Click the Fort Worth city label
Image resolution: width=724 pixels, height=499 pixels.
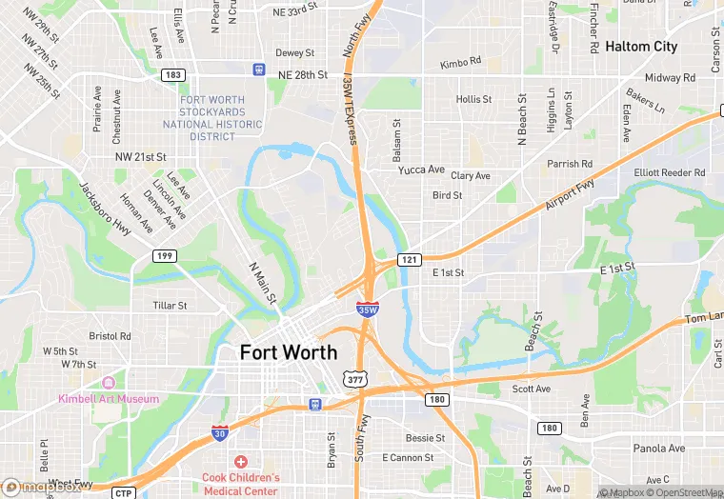pos(288,352)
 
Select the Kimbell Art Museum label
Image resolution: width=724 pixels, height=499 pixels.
pos(109,399)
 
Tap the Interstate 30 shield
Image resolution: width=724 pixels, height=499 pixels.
pos(220,433)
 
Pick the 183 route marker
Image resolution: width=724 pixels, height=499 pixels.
pos(173,74)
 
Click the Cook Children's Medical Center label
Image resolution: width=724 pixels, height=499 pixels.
pos(241,484)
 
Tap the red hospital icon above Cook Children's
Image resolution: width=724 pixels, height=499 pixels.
pos(241,462)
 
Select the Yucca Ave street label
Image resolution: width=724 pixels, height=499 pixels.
pos(421,170)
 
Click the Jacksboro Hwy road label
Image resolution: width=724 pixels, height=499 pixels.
pos(106,209)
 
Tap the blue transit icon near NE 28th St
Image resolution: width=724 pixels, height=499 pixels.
pos(259,69)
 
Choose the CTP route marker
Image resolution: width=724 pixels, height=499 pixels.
pos(122,492)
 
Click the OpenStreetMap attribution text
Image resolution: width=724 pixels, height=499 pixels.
pos(684,492)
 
